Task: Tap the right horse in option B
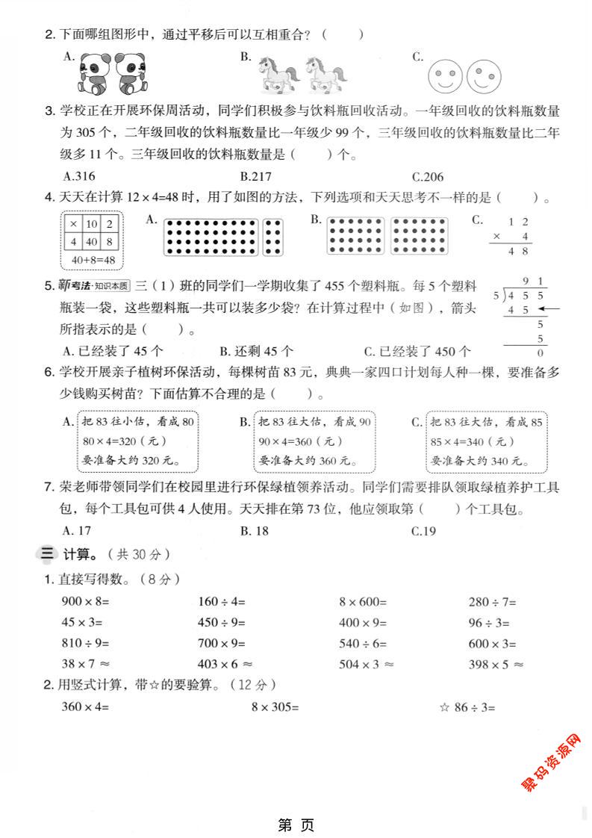click(x=325, y=74)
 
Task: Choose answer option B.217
click(x=256, y=177)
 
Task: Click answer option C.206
click(x=428, y=177)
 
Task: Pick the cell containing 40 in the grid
click(x=92, y=242)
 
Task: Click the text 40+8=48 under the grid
click(x=93, y=259)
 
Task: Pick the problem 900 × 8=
click(x=85, y=601)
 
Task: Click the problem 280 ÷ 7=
click(x=492, y=601)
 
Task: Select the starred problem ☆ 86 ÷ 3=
click(x=467, y=707)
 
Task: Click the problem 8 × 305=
click(x=274, y=707)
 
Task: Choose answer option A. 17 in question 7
click(x=77, y=531)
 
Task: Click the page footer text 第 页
click(x=296, y=825)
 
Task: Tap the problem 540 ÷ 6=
click(x=364, y=643)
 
